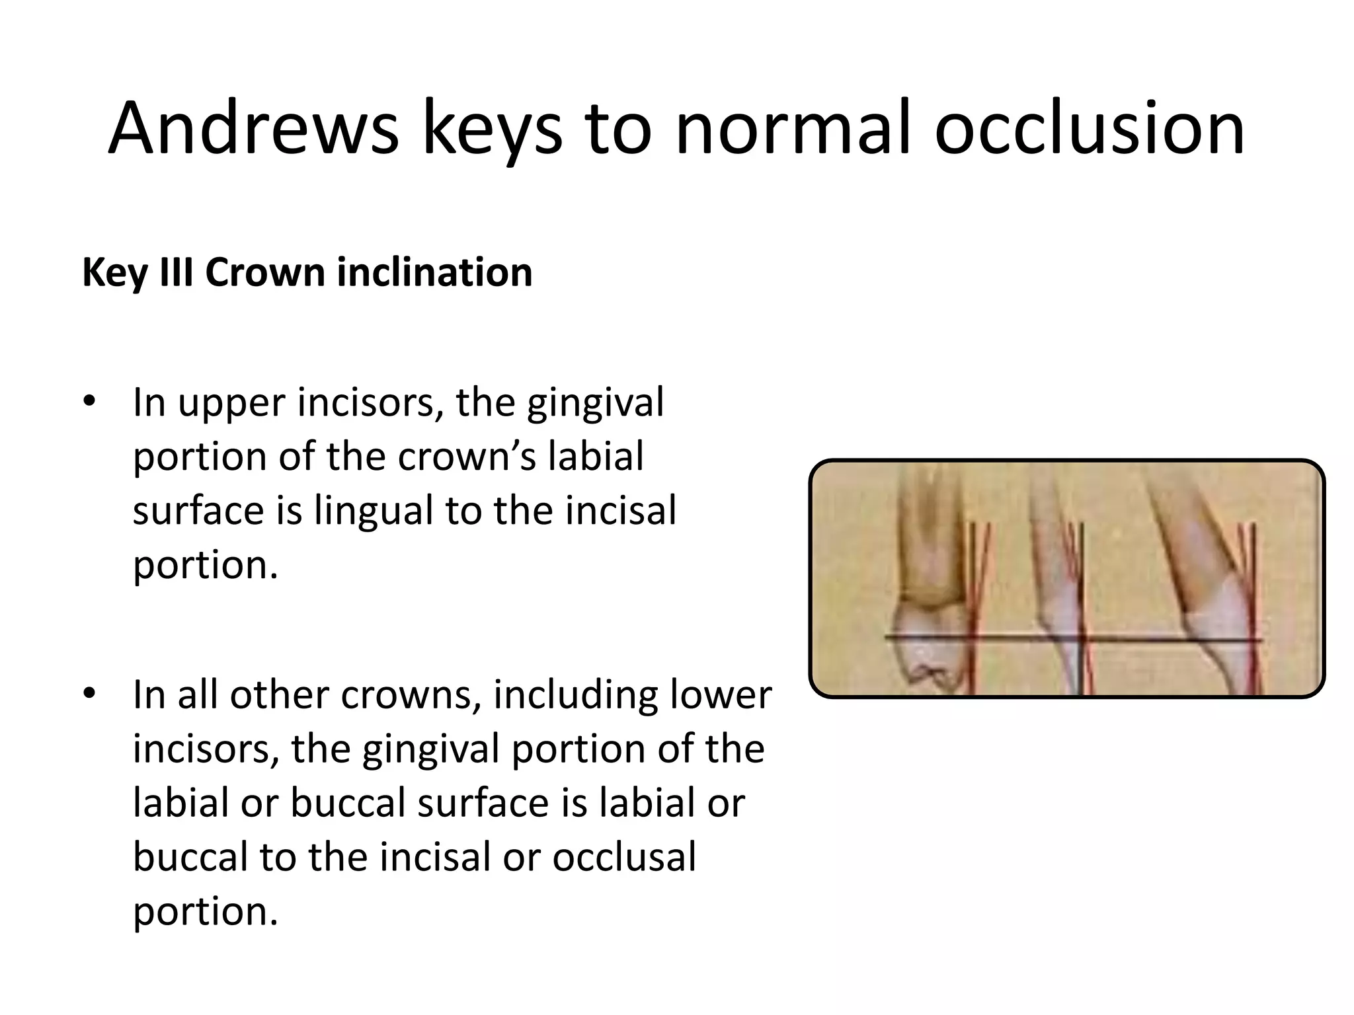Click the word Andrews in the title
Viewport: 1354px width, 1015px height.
253,128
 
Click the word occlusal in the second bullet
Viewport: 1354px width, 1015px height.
624,857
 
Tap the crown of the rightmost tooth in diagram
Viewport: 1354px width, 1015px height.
1216,628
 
